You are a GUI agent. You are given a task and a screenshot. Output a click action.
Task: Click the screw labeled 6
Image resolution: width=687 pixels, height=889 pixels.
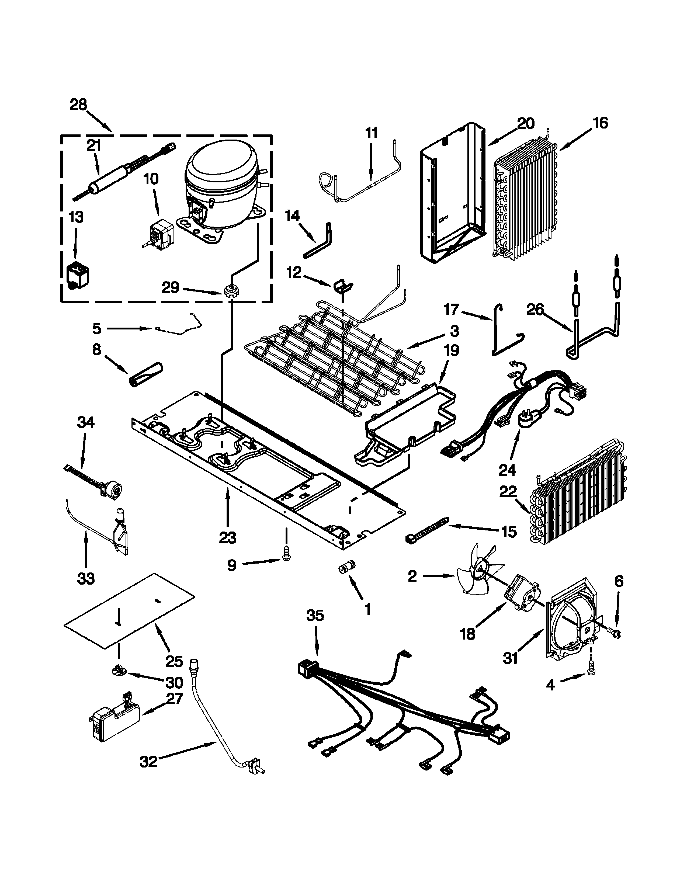[x=616, y=633]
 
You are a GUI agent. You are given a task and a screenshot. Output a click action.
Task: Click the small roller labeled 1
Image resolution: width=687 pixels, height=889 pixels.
[x=347, y=567]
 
